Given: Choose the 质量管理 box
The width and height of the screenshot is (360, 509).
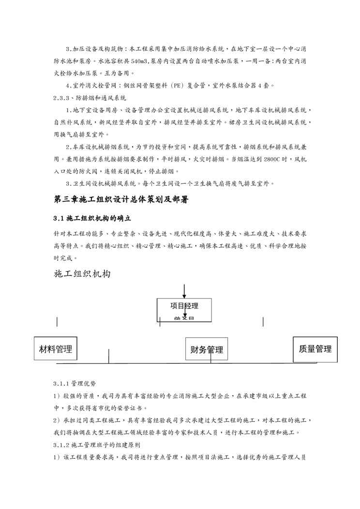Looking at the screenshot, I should point(315,349).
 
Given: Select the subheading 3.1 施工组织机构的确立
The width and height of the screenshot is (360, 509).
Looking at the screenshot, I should point(92,218).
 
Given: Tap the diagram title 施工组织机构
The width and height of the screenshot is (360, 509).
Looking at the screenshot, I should point(82,274).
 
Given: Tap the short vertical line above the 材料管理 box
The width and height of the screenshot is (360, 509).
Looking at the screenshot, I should point(57,322).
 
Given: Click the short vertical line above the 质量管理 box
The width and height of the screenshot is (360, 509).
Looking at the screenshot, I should point(263,322).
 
